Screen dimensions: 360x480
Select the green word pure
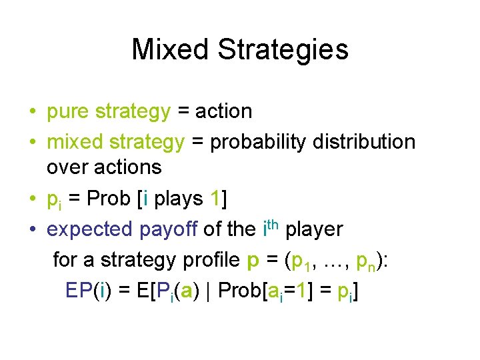coord(69,112)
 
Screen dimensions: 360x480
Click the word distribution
coord(369,141)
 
